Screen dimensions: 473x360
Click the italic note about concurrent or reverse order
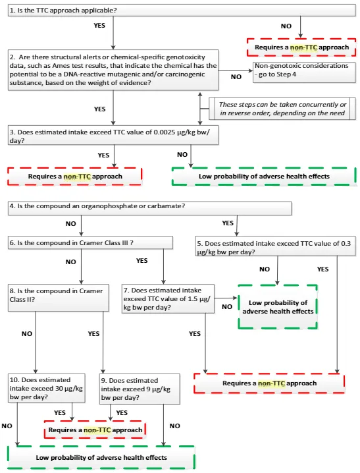click(x=283, y=109)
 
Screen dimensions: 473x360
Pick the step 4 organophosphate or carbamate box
click(x=149, y=208)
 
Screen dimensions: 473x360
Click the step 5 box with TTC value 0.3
click(x=275, y=248)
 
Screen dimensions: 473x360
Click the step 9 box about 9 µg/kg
click(x=140, y=389)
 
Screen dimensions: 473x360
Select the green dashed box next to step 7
click(x=277, y=306)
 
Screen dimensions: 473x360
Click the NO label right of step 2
click(x=236, y=76)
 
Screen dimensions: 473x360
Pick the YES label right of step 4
click(x=228, y=223)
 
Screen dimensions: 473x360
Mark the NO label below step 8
click(x=27, y=334)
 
